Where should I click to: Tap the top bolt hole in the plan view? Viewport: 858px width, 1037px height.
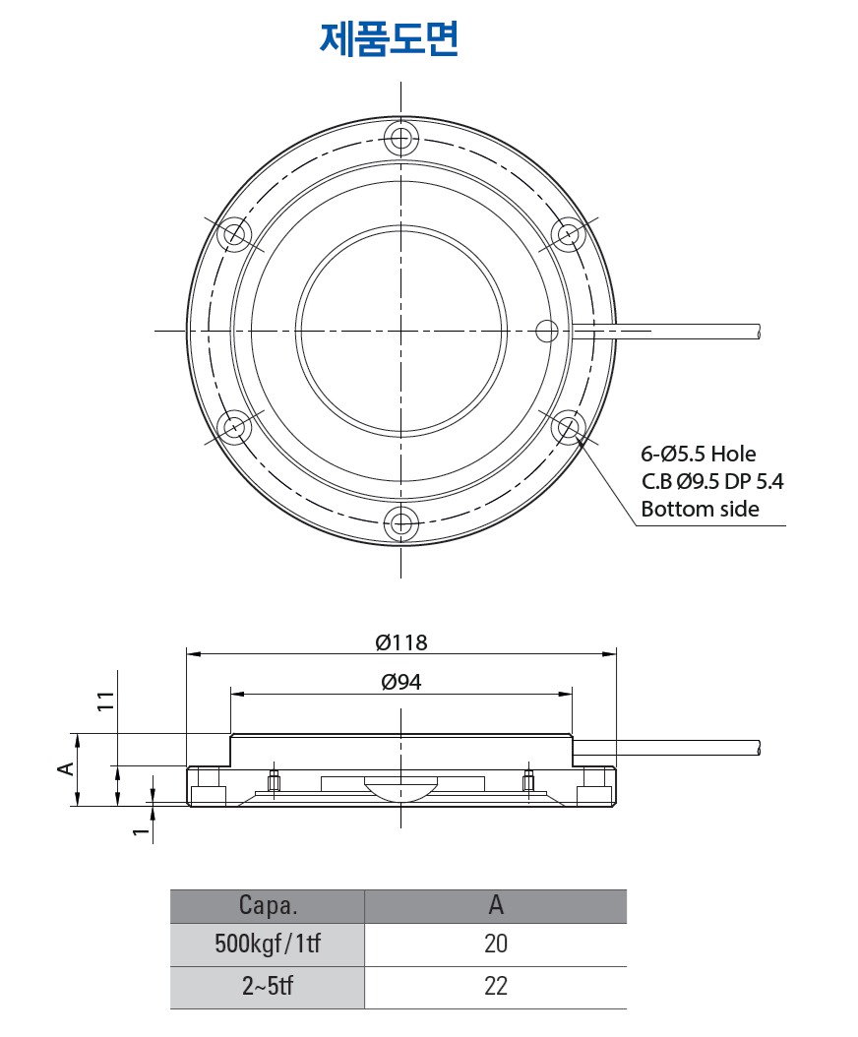[x=400, y=138]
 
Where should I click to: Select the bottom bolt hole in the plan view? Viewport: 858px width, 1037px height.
[x=400, y=522]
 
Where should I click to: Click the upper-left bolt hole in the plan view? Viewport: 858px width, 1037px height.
[x=234, y=234]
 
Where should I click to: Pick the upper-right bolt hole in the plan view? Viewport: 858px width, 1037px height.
[x=568, y=234]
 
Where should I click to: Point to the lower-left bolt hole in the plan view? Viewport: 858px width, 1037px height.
[x=234, y=427]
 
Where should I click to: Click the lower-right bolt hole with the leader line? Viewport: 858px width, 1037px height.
[x=568, y=427]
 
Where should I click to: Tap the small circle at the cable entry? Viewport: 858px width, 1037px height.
[x=547, y=330]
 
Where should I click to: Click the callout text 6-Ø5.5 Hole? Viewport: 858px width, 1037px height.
[x=699, y=454]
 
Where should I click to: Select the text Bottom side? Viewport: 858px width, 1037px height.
[x=700, y=509]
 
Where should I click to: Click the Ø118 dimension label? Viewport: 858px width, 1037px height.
[x=401, y=642]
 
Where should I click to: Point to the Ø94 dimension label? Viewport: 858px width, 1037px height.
[x=401, y=682]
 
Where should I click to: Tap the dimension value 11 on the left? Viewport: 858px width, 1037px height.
[x=106, y=701]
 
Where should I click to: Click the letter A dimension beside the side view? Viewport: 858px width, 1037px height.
[x=65, y=768]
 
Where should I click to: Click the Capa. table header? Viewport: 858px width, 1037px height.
[x=268, y=905]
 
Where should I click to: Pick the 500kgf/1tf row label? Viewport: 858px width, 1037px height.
[x=268, y=945]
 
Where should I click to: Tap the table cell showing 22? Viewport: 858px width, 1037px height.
[x=496, y=987]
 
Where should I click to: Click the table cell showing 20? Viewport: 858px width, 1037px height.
[x=496, y=945]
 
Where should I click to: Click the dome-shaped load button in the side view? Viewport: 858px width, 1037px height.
[x=400, y=787]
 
